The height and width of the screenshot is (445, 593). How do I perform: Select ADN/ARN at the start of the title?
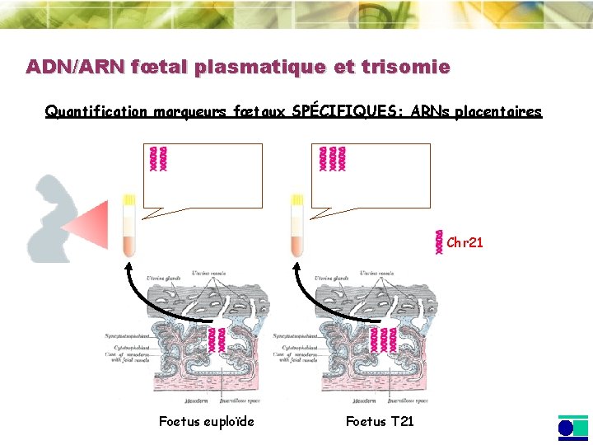[x=73, y=67]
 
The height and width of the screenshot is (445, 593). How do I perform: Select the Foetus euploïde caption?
[x=207, y=422]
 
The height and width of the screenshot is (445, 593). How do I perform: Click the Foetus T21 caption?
[x=380, y=422]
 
